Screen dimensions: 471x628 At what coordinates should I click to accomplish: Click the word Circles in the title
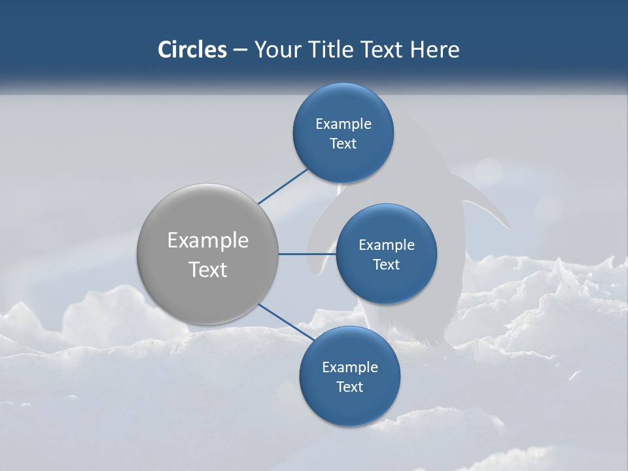[x=192, y=50]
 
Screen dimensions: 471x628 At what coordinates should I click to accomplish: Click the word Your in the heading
[x=276, y=50]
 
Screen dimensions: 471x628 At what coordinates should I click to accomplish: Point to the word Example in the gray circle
[x=208, y=241]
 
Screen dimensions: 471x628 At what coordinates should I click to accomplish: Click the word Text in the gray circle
[x=208, y=270]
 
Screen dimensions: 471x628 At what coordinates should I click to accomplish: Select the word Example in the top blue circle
[x=343, y=124]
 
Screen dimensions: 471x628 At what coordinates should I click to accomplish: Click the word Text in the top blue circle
[x=343, y=144]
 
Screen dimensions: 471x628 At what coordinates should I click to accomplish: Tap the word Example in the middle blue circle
[x=387, y=245]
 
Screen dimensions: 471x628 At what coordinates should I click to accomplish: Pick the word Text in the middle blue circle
[x=386, y=265]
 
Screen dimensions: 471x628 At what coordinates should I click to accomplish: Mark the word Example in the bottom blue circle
[x=350, y=368]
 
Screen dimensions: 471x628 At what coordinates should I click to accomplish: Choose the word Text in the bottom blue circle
[x=349, y=387]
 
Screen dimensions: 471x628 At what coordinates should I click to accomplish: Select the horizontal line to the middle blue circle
[x=307, y=254]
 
